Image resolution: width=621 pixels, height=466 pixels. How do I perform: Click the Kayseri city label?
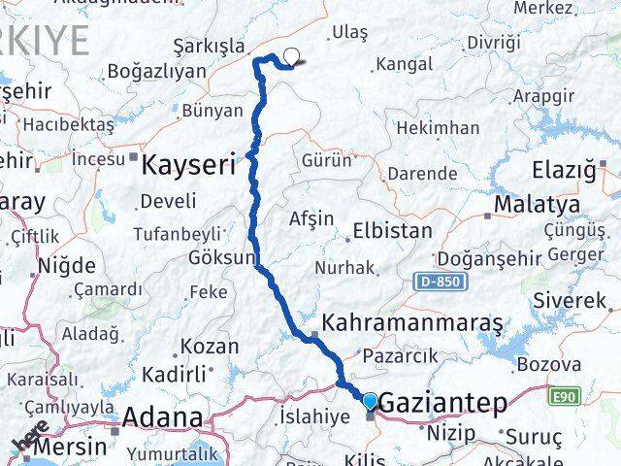[188, 165]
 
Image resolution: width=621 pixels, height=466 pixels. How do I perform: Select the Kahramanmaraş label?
[412, 321]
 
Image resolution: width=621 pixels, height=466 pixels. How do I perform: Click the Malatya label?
[537, 205]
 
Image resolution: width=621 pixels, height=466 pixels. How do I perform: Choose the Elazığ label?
[564, 171]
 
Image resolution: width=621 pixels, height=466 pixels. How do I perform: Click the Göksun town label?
[222, 258]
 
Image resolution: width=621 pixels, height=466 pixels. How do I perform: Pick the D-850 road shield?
[441, 282]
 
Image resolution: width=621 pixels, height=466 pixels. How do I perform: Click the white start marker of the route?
[289, 57]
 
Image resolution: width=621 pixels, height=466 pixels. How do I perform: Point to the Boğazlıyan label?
[157, 71]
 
